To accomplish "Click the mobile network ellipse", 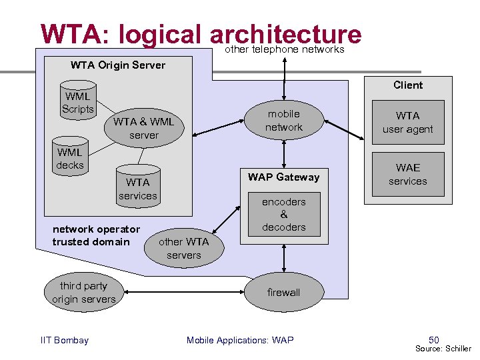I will click(x=284, y=121).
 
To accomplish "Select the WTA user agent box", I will click(x=407, y=123).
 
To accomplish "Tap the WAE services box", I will click(x=407, y=175).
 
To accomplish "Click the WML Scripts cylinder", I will click(x=78, y=102).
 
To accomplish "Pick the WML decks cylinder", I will click(x=70, y=159).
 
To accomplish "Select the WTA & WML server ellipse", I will click(x=143, y=129).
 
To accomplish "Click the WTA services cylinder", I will click(x=138, y=188).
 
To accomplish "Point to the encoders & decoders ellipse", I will click(x=284, y=215).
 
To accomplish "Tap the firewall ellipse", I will click(x=284, y=292).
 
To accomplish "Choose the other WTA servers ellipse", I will click(x=183, y=249).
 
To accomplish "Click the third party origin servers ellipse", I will click(x=84, y=293).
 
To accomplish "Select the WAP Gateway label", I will click(x=284, y=177).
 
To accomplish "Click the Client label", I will click(x=408, y=85).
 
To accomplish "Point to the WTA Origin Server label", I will click(x=118, y=65).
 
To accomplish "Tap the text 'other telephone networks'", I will click(x=285, y=49).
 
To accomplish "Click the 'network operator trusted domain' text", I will click(x=96, y=235).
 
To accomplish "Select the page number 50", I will click(x=434, y=340).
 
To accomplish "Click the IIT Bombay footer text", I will click(x=65, y=341).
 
